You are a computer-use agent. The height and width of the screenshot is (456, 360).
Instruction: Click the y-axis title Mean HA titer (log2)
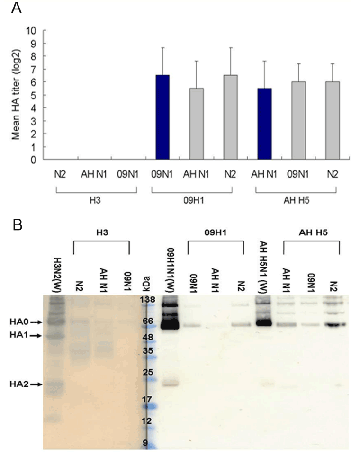click(16, 95)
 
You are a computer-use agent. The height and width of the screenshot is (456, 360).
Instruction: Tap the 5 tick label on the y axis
click(33, 95)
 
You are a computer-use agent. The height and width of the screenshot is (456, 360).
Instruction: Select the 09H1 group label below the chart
click(191, 200)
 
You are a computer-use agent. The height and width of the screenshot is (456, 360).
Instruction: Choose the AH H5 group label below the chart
click(296, 200)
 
